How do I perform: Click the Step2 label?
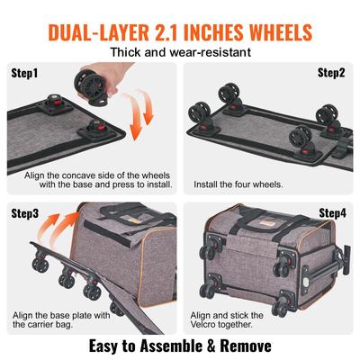point(332,72)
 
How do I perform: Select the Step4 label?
point(332,214)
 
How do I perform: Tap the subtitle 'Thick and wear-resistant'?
point(180,52)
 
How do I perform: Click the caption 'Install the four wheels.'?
point(239,184)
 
